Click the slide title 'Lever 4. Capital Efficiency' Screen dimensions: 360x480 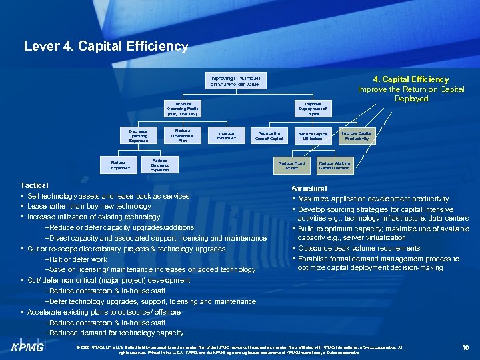(106, 47)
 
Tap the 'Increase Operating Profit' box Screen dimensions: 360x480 (182, 109)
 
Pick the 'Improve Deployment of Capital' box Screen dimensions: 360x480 (313, 109)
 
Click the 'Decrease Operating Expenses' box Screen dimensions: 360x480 (139, 135)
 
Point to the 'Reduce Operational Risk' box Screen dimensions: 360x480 (182, 135)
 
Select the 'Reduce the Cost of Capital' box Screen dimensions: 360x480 (269, 135)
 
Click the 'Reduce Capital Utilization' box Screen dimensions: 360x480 (313, 135)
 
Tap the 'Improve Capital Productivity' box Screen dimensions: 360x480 (357, 135)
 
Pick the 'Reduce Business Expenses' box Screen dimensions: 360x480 (160, 165)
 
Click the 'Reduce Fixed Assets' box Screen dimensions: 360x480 (291, 164)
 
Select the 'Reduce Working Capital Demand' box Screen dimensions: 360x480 (334, 164)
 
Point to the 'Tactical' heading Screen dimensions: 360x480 (34, 185)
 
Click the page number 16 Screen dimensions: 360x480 (465, 347)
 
